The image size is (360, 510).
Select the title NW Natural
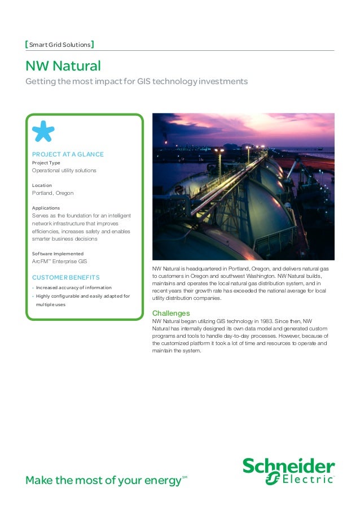point(63,66)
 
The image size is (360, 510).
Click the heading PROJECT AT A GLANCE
point(68,154)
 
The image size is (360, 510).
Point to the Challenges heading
point(171,313)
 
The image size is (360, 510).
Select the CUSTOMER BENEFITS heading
point(66,277)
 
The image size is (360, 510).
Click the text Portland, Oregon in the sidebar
point(52,193)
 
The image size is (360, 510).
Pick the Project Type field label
point(46,163)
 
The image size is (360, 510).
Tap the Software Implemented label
point(58,254)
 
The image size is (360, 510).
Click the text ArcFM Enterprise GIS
point(59,261)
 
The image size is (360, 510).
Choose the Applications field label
point(46,208)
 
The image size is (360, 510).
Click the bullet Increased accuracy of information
point(73,287)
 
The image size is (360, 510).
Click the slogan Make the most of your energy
point(103,481)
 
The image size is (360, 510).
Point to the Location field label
point(42,185)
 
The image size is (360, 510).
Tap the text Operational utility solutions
point(64,171)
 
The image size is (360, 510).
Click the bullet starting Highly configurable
point(82,296)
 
